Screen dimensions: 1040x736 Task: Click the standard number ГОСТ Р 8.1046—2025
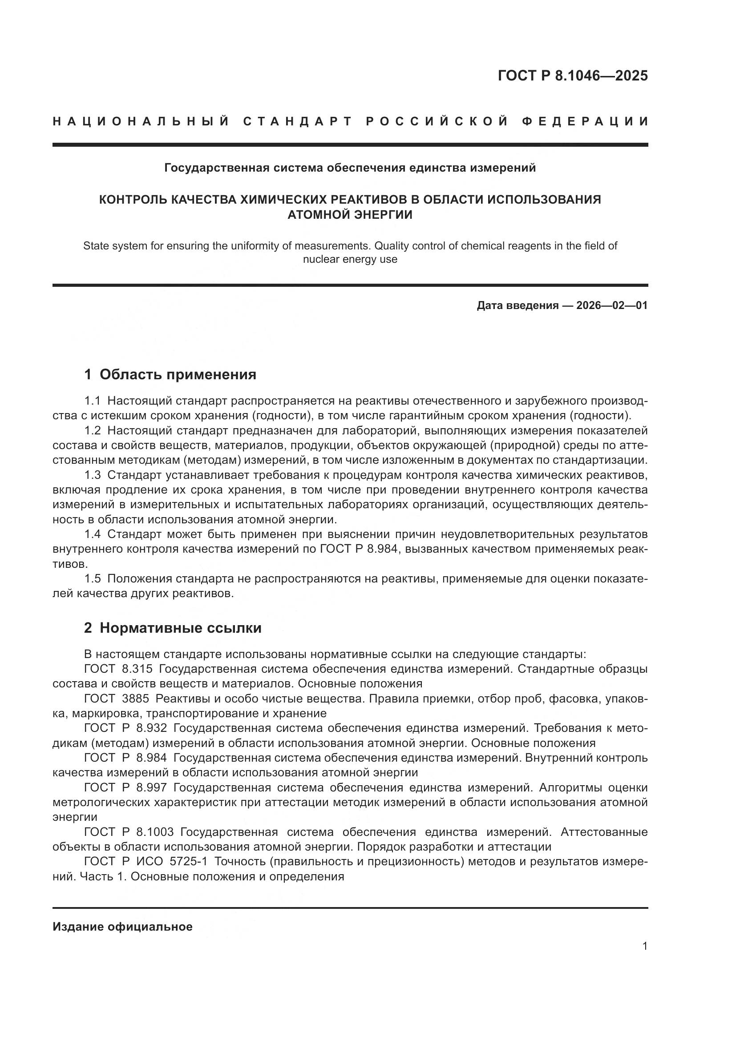coord(573,76)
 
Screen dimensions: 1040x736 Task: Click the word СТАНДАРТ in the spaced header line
coord(298,121)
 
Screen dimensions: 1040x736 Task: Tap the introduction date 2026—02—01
coord(612,305)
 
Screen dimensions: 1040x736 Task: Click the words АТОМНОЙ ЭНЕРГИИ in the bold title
coord(350,215)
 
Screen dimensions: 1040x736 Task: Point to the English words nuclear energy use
coord(350,260)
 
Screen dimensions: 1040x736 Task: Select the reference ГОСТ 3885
coord(117,699)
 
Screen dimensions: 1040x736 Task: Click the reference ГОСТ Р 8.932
coord(125,728)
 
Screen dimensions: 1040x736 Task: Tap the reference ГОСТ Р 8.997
coord(125,788)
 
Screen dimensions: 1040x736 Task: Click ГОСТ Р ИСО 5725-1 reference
coord(146,862)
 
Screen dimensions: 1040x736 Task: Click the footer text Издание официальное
coord(122,927)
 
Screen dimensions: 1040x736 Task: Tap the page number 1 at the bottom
coord(645,946)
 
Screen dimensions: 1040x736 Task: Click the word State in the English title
coord(96,246)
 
